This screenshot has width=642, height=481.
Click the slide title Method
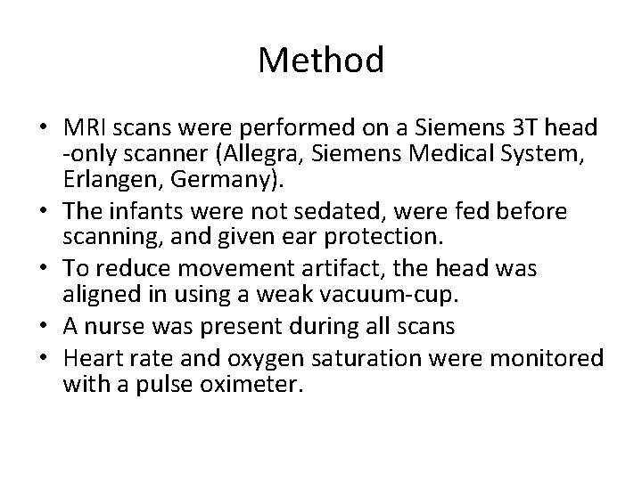(321, 61)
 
